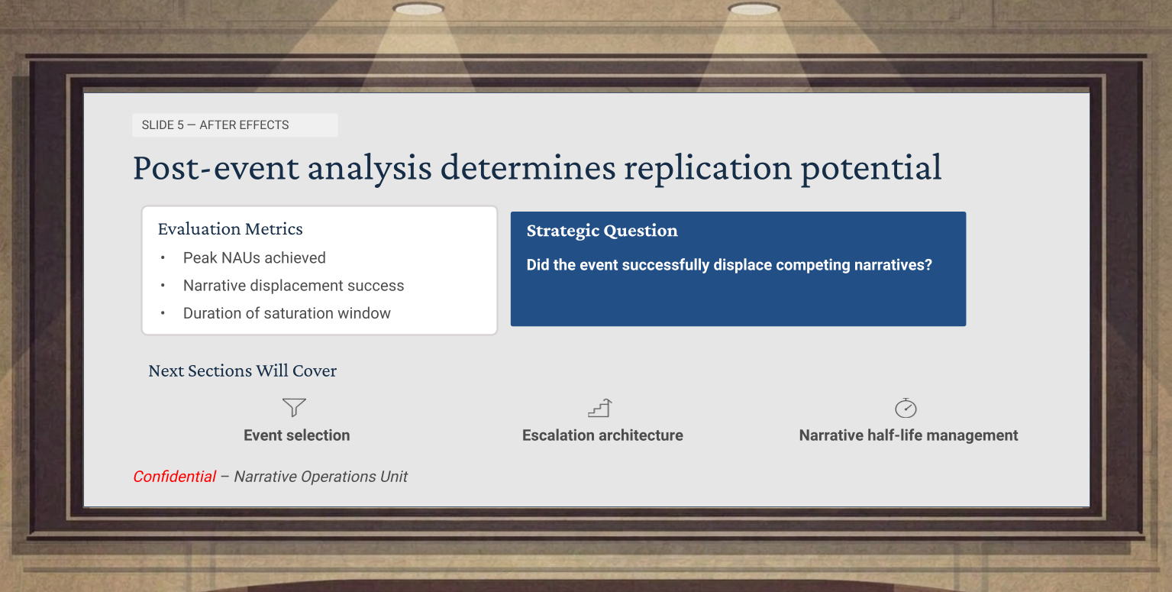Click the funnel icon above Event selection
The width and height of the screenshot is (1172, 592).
pos(294,407)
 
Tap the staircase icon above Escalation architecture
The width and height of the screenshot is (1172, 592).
pos(599,408)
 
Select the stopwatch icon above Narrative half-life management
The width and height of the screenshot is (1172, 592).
pos(906,408)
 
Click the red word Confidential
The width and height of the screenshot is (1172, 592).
pos(174,477)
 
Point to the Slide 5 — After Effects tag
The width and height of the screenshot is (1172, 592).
pos(235,125)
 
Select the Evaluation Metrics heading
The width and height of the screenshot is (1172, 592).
pos(231,228)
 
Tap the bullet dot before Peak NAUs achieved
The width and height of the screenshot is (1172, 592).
pos(163,257)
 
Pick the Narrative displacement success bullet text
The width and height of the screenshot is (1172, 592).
pos(293,285)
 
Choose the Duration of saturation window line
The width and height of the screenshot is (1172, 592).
pos(287,313)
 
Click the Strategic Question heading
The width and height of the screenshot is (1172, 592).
pos(602,231)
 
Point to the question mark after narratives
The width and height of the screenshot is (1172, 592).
pos(928,265)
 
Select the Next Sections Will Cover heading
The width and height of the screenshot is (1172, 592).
pos(242,370)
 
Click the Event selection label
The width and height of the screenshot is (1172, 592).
pos(297,435)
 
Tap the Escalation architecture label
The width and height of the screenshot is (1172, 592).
pos(602,435)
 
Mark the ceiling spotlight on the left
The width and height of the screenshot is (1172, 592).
pos(418,9)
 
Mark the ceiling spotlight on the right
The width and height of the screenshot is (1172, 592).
pos(754,9)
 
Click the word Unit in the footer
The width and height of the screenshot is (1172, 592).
pos(393,477)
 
